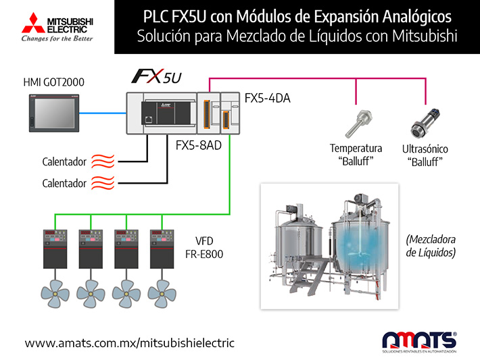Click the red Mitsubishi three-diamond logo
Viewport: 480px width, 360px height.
pyautogui.click(x=34, y=23)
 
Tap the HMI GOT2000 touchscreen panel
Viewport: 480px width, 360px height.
pyautogui.click(x=54, y=113)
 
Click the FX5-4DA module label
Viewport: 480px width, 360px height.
pyautogui.click(x=267, y=98)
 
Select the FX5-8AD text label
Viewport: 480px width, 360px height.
pyautogui.click(x=198, y=145)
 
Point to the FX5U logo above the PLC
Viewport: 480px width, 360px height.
pyautogui.click(x=156, y=76)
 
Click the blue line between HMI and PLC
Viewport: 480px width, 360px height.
pyautogui.click(x=103, y=113)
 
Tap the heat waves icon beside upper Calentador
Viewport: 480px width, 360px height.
pyautogui.click(x=103, y=161)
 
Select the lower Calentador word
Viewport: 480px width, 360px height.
pyautogui.click(x=64, y=184)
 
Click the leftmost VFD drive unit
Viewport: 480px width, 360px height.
pyautogui.click(x=55, y=249)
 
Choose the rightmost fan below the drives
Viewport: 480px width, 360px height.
pyautogui.click(x=162, y=294)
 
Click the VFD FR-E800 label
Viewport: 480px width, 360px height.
pyautogui.click(x=204, y=247)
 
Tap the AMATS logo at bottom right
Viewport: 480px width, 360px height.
pyautogui.click(x=419, y=342)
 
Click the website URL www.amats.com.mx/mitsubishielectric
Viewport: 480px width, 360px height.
pyautogui.click(x=130, y=343)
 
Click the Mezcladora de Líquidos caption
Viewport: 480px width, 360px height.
pyautogui.click(x=431, y=246)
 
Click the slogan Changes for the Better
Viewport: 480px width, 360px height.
pyautogui.click(x=57, y=38)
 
